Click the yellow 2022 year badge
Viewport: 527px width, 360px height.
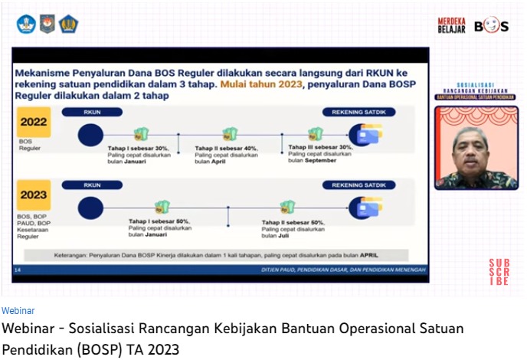34,123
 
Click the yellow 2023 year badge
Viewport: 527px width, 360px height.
34,195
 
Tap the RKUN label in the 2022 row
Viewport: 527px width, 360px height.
92,112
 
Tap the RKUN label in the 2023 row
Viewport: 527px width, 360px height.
92,185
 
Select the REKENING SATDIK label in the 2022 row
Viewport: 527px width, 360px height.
358,112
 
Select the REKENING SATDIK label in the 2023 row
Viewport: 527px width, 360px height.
358,185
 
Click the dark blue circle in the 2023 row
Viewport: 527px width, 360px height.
90,208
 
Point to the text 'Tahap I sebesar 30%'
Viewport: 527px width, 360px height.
138,149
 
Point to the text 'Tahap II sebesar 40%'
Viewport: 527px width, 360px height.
226,149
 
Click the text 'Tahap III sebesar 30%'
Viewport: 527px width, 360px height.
320,147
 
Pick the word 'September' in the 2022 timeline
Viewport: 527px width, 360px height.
319,161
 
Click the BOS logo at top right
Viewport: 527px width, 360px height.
491,26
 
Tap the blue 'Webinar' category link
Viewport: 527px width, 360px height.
18,311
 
